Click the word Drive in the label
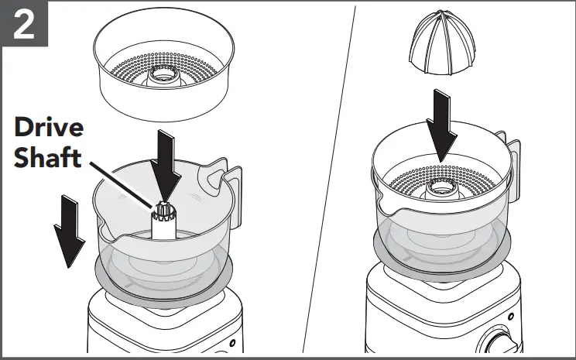click(49, 129)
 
